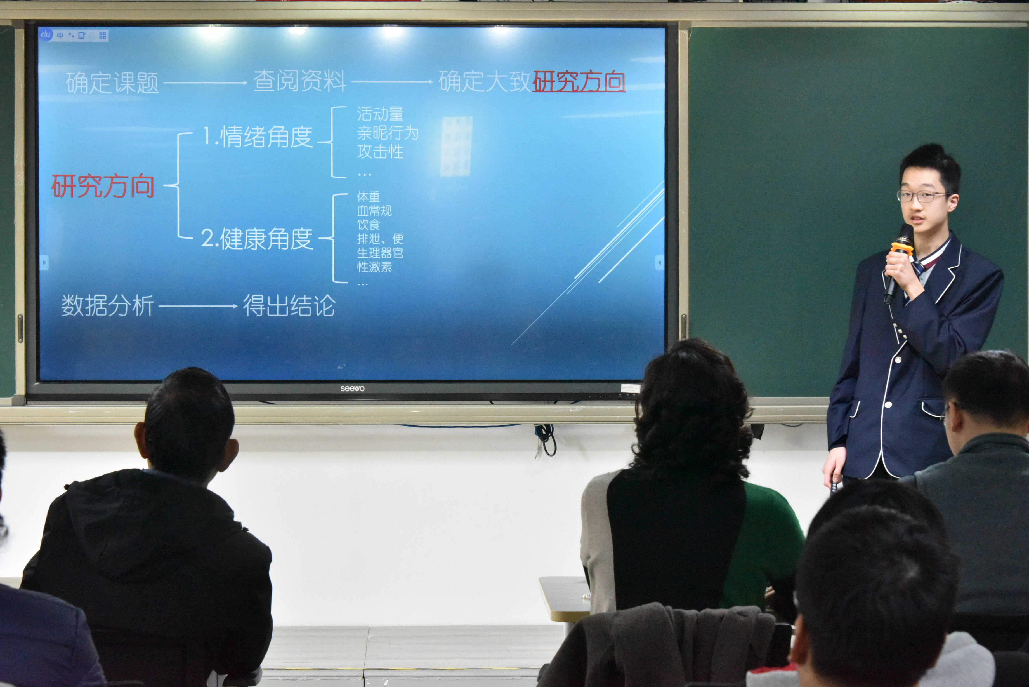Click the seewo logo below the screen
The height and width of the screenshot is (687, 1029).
point(353,389)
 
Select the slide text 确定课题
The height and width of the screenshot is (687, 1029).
point(112,82)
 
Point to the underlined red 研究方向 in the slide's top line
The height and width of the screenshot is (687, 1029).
point(579,81)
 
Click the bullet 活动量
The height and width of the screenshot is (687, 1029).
point(380,114)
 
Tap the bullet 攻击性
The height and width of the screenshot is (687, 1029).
point(380,152)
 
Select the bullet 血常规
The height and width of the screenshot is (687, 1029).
point(374,211)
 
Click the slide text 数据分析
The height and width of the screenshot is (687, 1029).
point(108,305)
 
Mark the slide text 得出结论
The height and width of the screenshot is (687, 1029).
point(289,305)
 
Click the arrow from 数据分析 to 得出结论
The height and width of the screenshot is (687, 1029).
point(198,306)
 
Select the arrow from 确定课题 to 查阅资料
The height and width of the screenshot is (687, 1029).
point(205,82)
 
